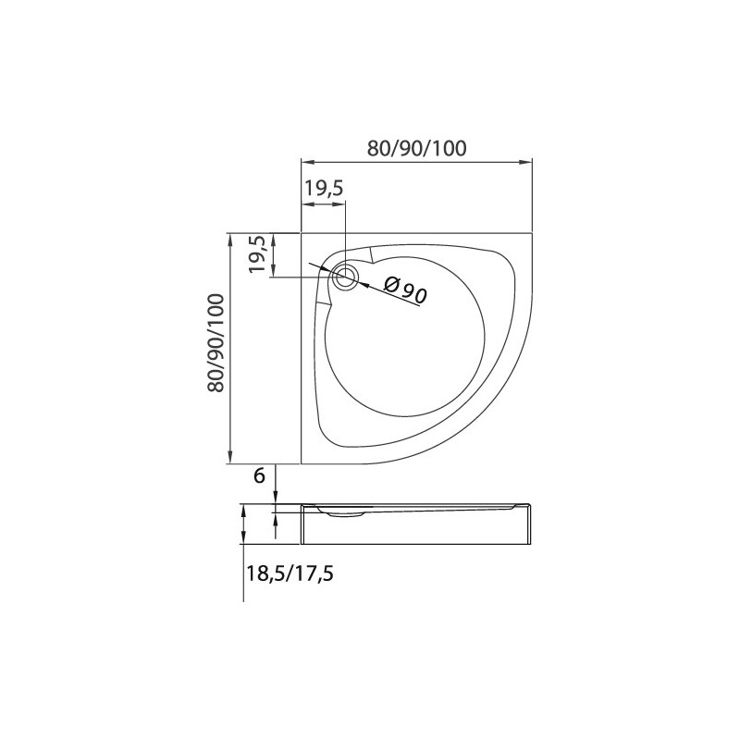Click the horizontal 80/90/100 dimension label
(x=417, y=148)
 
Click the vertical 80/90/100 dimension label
(x=216, y=342)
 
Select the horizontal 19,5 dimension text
(x=323, y=189)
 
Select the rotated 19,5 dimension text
(x=259, y=254)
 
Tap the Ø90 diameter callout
(x=405, y=290)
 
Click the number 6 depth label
(x=260, y=475)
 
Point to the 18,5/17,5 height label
(x=290, y=573)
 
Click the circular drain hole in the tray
(x=346, y=277)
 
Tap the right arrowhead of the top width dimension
(x=525, y=162)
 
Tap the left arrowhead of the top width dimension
(x=308, y=162)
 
